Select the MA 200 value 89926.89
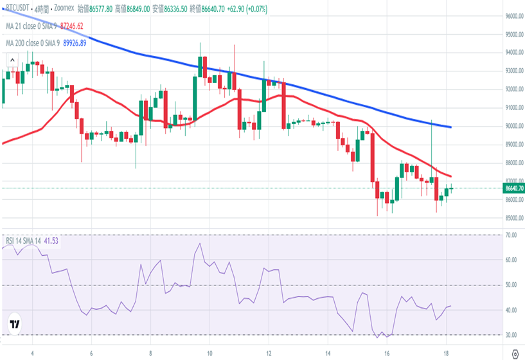(x=75, y=43)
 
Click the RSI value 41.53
(x=52, y=240)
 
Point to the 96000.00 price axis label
(x=512, y=16)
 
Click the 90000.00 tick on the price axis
(x=512, y=126)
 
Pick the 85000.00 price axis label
(x=512, y=218)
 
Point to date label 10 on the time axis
(x=209, y=353)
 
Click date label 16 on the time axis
(x=387, y=353)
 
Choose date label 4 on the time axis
(x=32, y=353)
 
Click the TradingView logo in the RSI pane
(x=15, y=325)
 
